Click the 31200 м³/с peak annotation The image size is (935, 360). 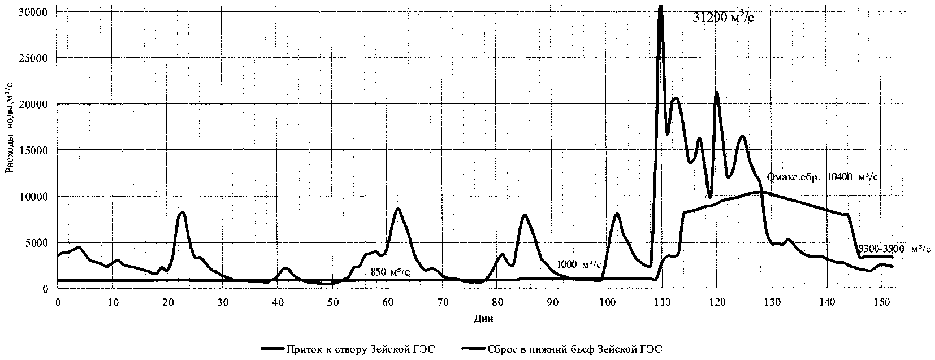[723, 18]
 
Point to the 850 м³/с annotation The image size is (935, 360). [390, 272]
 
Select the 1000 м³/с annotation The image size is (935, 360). [579, 264]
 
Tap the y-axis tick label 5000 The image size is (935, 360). [37, 243]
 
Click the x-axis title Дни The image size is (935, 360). [482, 319]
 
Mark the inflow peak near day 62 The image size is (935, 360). [398, 209]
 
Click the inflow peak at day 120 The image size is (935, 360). [716, 92]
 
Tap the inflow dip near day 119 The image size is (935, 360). [711, 197]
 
